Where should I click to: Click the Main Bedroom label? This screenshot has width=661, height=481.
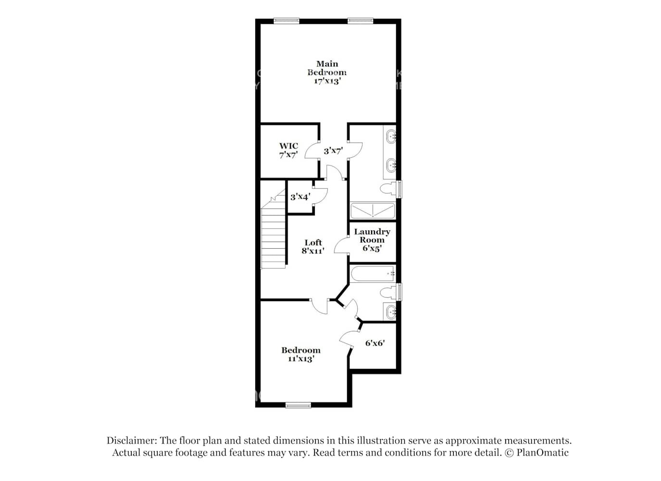327,72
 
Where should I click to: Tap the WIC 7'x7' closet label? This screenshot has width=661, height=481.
288,150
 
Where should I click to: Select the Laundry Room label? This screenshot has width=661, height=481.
372,240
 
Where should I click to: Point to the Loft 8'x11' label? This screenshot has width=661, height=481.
313,246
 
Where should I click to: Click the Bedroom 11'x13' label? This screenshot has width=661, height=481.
301,354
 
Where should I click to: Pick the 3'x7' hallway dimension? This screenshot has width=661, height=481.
333,151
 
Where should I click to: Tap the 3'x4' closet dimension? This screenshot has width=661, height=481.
300,197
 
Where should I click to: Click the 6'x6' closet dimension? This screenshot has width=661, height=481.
375,343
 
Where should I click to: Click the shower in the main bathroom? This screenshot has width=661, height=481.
373,211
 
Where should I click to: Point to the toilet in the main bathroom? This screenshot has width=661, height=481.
388,188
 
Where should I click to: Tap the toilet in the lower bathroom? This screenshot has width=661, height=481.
388,292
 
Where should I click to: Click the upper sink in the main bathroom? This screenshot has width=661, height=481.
391,136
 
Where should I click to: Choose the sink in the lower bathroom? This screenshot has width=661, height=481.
390,312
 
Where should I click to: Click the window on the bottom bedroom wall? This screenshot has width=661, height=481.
299,405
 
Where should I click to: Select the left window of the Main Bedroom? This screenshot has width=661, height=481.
287,21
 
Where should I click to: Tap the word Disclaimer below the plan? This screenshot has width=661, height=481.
131,440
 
